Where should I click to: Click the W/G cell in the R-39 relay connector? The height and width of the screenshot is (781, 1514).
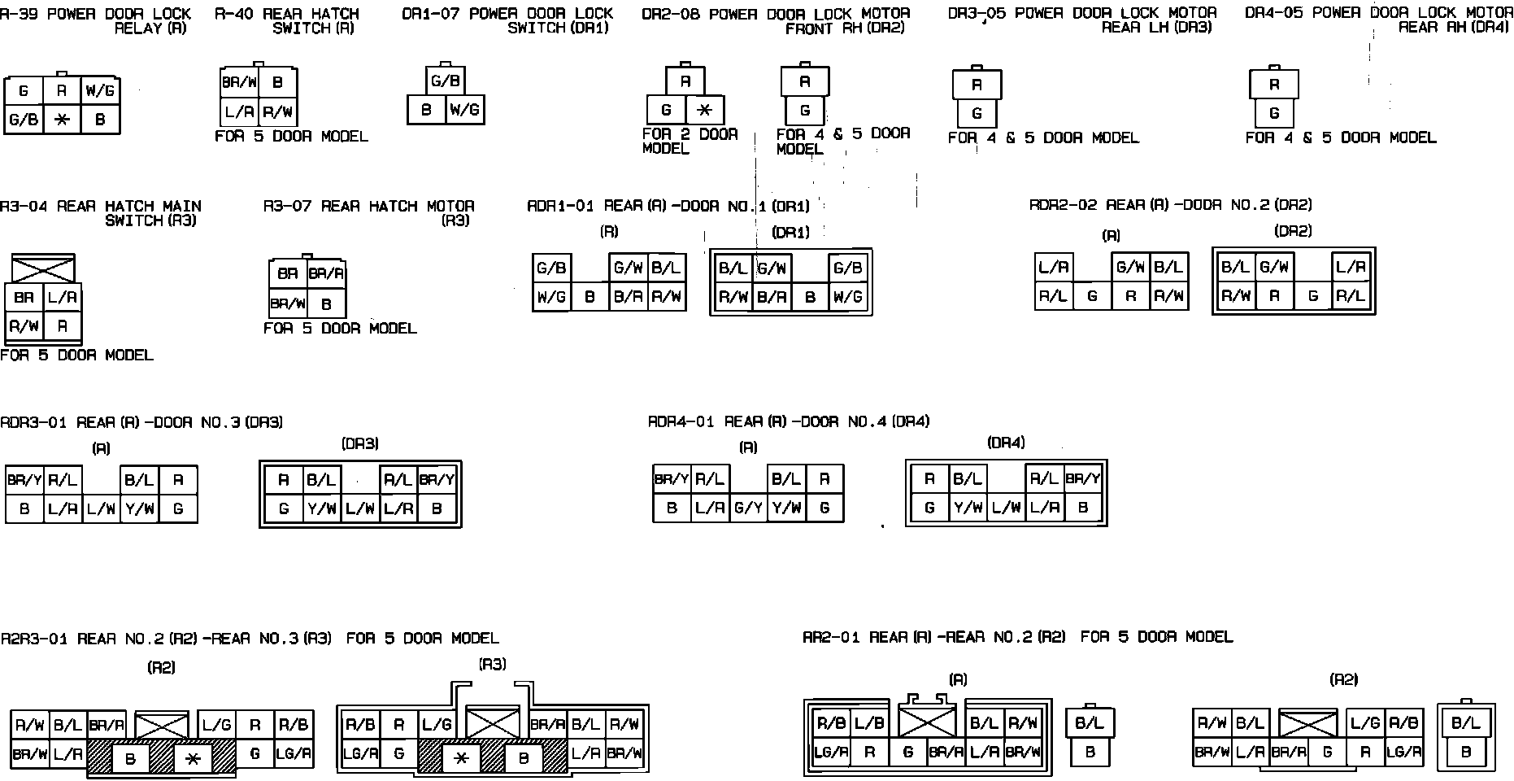click(x=100, y=90)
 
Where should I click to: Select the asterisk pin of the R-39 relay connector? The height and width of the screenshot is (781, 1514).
click(x=62, y=120)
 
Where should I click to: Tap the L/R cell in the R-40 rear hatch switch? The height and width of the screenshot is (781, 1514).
click(x=240, y=111)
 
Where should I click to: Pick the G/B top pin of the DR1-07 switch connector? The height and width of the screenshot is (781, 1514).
click(x=446, y=81)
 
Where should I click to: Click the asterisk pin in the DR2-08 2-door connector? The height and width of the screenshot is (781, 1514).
click(x=705, y=110)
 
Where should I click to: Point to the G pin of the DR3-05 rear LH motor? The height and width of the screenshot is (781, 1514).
click(x=977, y=113)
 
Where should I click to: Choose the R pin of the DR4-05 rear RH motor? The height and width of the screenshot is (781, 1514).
click(x=1273, y=85)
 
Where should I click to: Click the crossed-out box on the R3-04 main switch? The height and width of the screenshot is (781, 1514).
click(x=43, y=268)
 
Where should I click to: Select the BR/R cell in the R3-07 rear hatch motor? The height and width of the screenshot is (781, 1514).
click(x=327, y=274)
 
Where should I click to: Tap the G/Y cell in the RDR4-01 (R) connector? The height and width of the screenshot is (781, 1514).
click(x=748, y=508)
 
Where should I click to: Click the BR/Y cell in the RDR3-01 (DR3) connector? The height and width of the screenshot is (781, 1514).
click(x=437, y=480)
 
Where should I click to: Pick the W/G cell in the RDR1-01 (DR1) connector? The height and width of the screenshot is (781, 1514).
click(x=848, y=298)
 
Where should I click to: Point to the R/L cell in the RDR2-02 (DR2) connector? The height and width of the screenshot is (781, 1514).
click(x=1351, y=296)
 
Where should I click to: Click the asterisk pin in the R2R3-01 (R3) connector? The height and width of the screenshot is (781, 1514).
click(x=462, y=758)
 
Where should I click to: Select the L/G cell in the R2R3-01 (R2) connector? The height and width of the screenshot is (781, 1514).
click(x=216, y=725)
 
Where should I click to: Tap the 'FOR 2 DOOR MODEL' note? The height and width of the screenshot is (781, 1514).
click(x=690, y=141)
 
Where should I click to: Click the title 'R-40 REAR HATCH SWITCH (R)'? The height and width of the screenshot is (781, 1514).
click(x=286, y=20)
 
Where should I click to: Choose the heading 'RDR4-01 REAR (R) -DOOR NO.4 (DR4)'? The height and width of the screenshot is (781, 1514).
click(x=788, y=421)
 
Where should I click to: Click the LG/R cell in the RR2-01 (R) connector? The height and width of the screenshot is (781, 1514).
click(x=831, y=753)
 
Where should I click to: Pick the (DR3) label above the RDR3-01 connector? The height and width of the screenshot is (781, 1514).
click(x=359, y=444)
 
